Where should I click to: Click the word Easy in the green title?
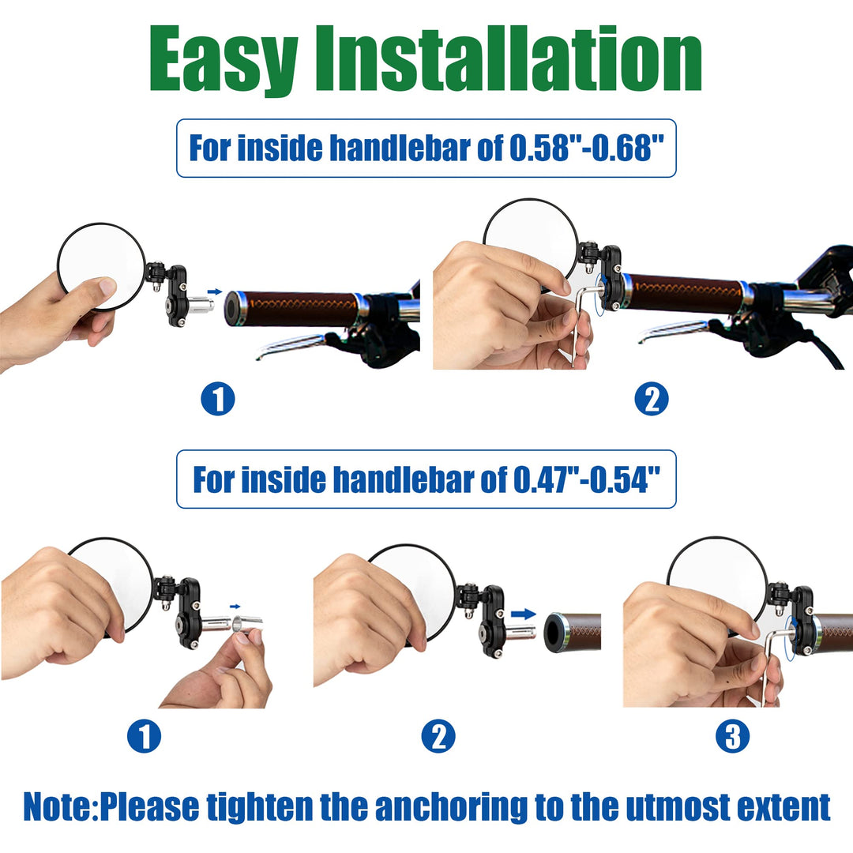click(x=223, y=60)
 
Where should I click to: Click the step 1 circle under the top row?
click(x=218, y=399)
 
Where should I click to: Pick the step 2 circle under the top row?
click(x=651, y=399)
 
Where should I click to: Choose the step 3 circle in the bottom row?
click(x=732, y=736)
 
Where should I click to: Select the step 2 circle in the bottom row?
click(x=438, y=736)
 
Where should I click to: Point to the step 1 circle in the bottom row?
click(x=144, y=736)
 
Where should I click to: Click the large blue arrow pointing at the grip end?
click(x=523, y=614)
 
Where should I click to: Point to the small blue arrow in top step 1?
click(x=215, y=291)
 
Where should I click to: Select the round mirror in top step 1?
click(x=102, y=267)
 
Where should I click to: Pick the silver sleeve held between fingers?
click(x=247, y=623)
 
